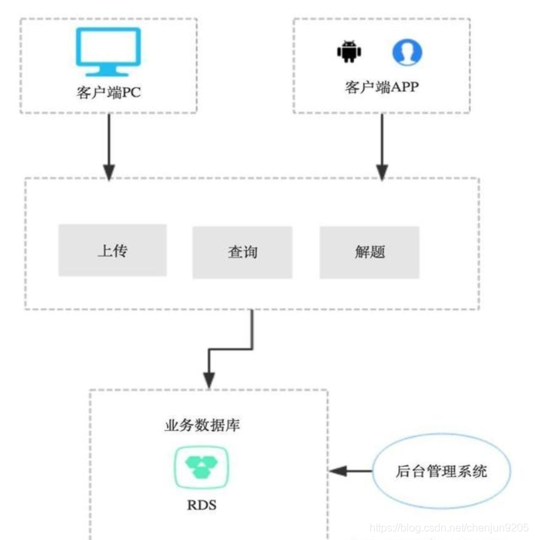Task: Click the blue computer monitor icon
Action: (109, 51)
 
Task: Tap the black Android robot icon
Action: (349, 52)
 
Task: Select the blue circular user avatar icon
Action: (407, 52)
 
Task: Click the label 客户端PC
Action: (109, 92)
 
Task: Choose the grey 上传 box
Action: (112, 250)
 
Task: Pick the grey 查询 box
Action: (242, 252)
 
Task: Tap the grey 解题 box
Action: (369, 252)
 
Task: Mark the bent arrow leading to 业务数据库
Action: (231, 348)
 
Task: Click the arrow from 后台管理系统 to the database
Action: (351, 471)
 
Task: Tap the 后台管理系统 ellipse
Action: (441, 471)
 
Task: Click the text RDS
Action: (201, 504)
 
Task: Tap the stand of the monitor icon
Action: (109, 70)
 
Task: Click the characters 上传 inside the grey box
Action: (112, 251)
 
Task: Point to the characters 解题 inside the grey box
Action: (369, 253)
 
